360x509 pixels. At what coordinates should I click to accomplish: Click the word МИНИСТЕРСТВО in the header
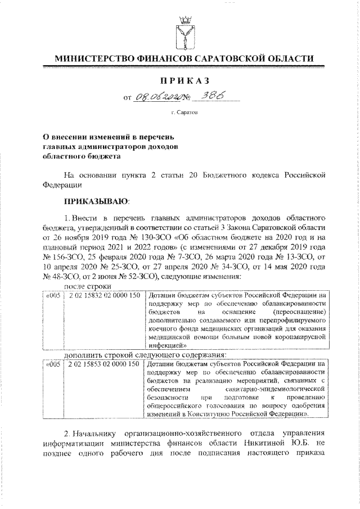92,59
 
